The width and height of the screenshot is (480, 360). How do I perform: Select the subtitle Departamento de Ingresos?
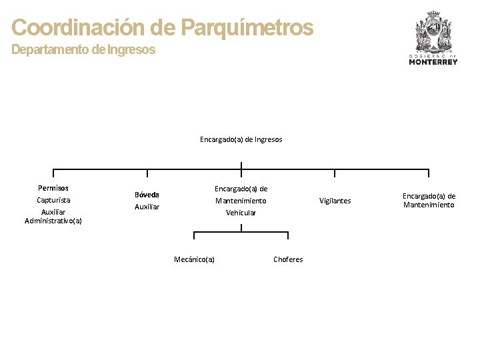(83, 49)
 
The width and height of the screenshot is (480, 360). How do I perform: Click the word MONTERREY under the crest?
(433, 62)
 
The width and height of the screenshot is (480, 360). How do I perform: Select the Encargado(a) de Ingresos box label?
(241, 139)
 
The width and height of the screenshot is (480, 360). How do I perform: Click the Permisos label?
(53, 188)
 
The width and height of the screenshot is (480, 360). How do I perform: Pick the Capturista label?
(53, 200)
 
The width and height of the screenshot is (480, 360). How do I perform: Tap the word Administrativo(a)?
(53, 221)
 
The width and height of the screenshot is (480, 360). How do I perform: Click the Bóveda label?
(147, 195)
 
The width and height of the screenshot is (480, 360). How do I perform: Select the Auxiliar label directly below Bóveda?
(147, 207)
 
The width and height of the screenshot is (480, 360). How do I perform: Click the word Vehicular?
(241, 213)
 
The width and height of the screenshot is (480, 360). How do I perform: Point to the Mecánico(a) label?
(194, 259)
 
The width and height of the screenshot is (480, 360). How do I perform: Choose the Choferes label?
(288, 259)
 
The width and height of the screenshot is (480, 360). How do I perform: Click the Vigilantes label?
(335, 201)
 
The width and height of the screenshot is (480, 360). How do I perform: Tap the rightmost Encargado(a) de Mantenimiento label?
(429, 200)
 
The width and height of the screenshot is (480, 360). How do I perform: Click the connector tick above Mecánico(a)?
(194, 235)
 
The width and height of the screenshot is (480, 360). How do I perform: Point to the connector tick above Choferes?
(288, 235)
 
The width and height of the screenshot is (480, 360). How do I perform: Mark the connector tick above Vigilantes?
(335, 174)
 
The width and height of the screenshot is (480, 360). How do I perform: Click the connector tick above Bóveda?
(147, 174)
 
